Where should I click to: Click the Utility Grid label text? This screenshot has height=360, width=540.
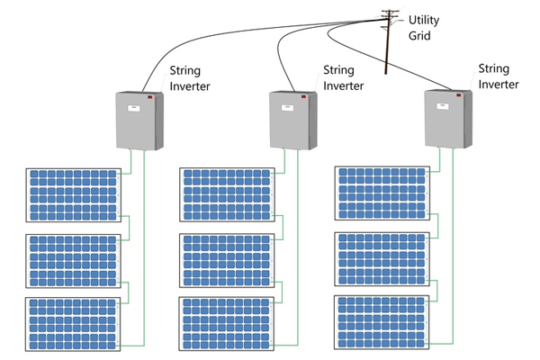pos(424,28)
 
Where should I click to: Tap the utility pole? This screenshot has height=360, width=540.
pos(389,41)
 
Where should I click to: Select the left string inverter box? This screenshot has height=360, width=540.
pos(139,121)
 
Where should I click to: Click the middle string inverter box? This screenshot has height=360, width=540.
pos(293,121)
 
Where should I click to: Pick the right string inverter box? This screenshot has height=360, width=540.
pos(448,119)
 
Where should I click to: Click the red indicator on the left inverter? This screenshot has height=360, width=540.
pos(150,97)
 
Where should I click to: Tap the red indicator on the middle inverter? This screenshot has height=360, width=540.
pos(304,96)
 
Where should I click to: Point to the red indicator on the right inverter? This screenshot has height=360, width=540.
pos(459,94)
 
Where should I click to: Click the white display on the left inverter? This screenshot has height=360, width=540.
pos(134,108)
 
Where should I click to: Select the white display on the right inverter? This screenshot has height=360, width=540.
pos(443,106)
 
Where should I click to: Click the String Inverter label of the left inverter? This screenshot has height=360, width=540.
pos(190,78)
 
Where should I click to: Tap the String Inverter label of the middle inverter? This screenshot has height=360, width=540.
pos(344,78)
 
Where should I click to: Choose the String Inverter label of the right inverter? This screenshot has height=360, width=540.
pos(499,76)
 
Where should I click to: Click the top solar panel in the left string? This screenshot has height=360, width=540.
pos(74,195)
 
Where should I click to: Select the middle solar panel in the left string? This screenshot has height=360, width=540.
pos(74,261)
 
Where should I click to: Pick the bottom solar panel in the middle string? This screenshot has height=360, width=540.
pos(227,324)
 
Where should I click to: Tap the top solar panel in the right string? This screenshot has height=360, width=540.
pos(382,193)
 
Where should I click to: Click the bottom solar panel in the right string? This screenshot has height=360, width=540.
pos(382,322)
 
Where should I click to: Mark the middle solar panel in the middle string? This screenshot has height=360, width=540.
pos(227,260)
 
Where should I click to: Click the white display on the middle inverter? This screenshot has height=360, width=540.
pos(288,107)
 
